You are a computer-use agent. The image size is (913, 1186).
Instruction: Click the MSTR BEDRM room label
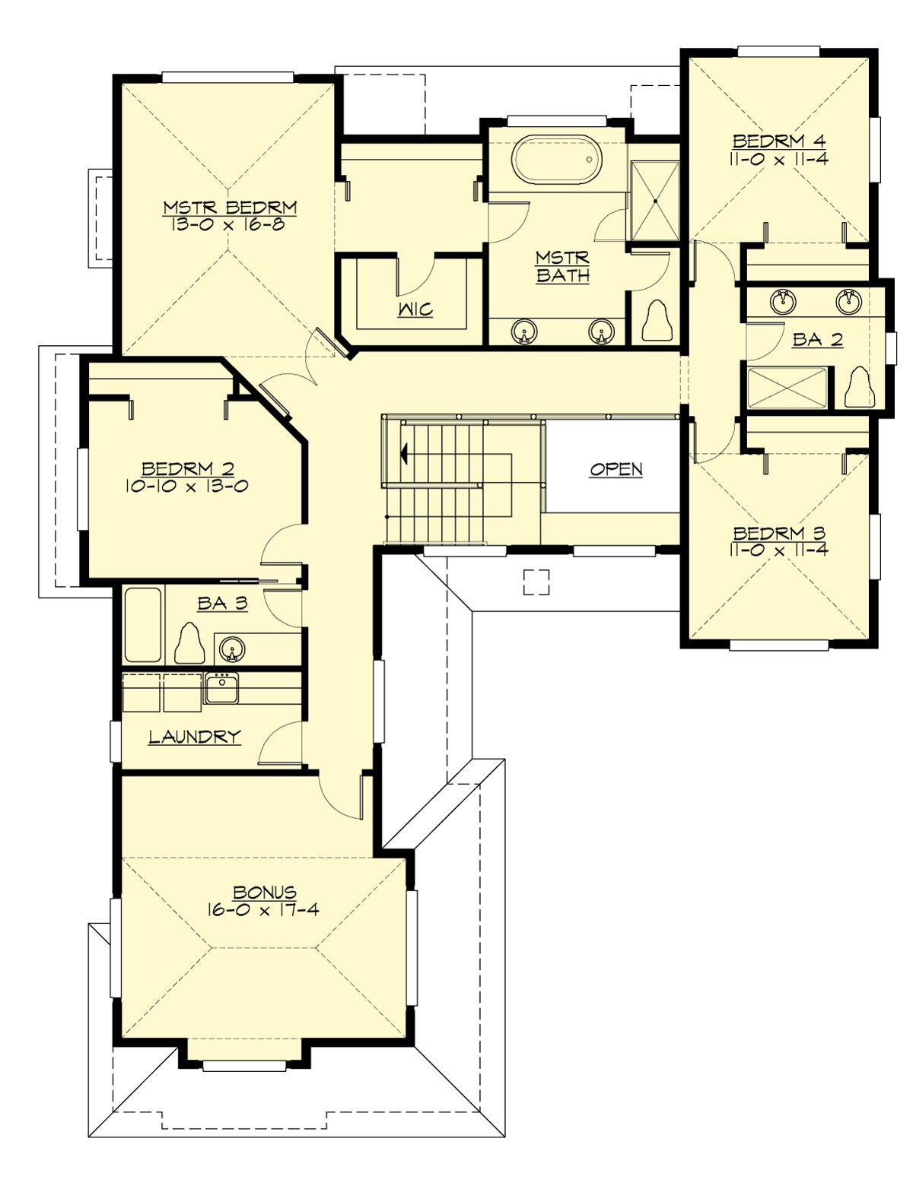(230, 208)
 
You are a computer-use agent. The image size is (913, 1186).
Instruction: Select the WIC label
(415, 309)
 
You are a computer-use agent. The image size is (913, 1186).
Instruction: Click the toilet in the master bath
(658, 321)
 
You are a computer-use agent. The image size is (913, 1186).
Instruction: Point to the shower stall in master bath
(655, 200)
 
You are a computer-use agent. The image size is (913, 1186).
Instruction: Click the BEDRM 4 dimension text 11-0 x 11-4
(779, 159)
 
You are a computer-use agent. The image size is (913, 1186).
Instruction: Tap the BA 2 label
(818, 340)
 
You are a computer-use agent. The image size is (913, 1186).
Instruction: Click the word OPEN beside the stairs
(616, 469)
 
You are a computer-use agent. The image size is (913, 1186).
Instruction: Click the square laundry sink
(221, 690)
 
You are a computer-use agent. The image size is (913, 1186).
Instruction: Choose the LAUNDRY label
(195, 736)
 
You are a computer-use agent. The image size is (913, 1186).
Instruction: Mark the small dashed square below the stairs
(536, 582)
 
